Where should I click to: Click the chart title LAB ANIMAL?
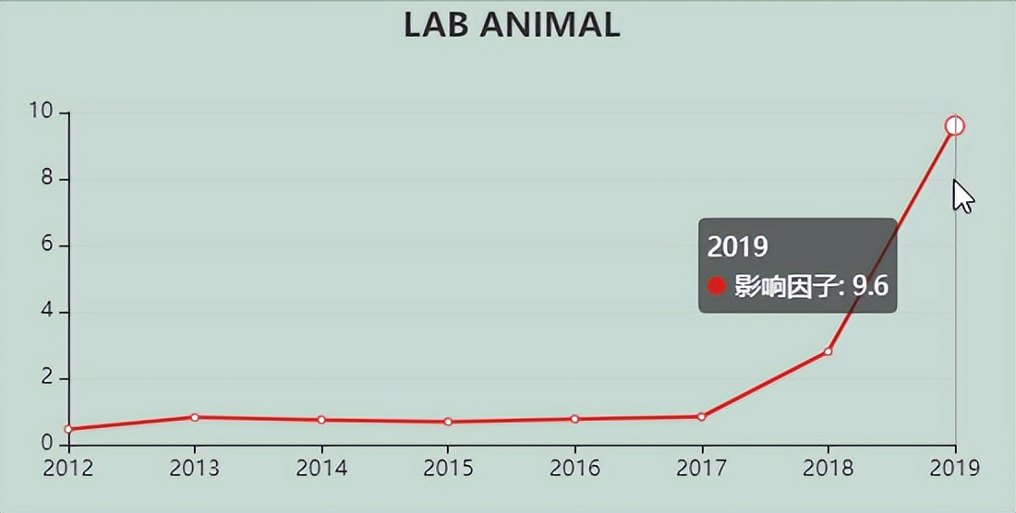click(511, 25)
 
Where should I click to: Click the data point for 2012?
click(68, 429)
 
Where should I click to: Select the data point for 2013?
click(195, 417)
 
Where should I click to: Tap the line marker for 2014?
click(321, 420)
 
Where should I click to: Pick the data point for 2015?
click(448, 422)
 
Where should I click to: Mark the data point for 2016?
click(575, 419)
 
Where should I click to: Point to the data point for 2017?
click(701, 417)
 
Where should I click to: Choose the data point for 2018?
click(829, 352)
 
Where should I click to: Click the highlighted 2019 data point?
click(955, 125)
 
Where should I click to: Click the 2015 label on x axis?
click(448, 469)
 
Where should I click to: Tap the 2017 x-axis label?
click(701, 469)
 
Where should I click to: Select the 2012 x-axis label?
click(68, 469)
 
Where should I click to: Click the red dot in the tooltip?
click(717, 286)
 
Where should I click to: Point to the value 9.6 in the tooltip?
click(869, 286)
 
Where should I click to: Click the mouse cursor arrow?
click(962, 195)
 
